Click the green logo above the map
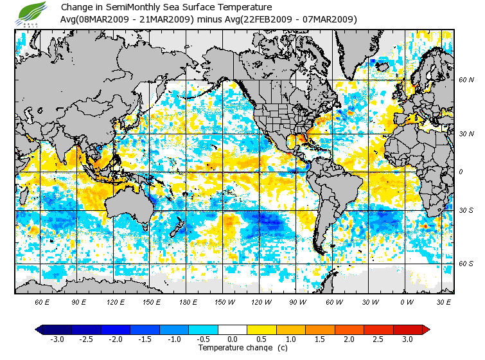point(31,13)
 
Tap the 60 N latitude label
point(466,80)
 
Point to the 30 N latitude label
point(466,134)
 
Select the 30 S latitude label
point(466,210)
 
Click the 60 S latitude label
point(466,264)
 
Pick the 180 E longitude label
point(188,301)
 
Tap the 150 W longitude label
point(225,301)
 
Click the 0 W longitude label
point(407,301)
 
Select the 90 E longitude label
point(79,301)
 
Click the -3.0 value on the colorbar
point(57,339)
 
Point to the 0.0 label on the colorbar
point(233,339)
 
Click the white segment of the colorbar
point(233,329)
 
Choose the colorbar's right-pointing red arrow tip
point(425,329)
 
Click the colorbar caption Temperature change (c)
point(233,348)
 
